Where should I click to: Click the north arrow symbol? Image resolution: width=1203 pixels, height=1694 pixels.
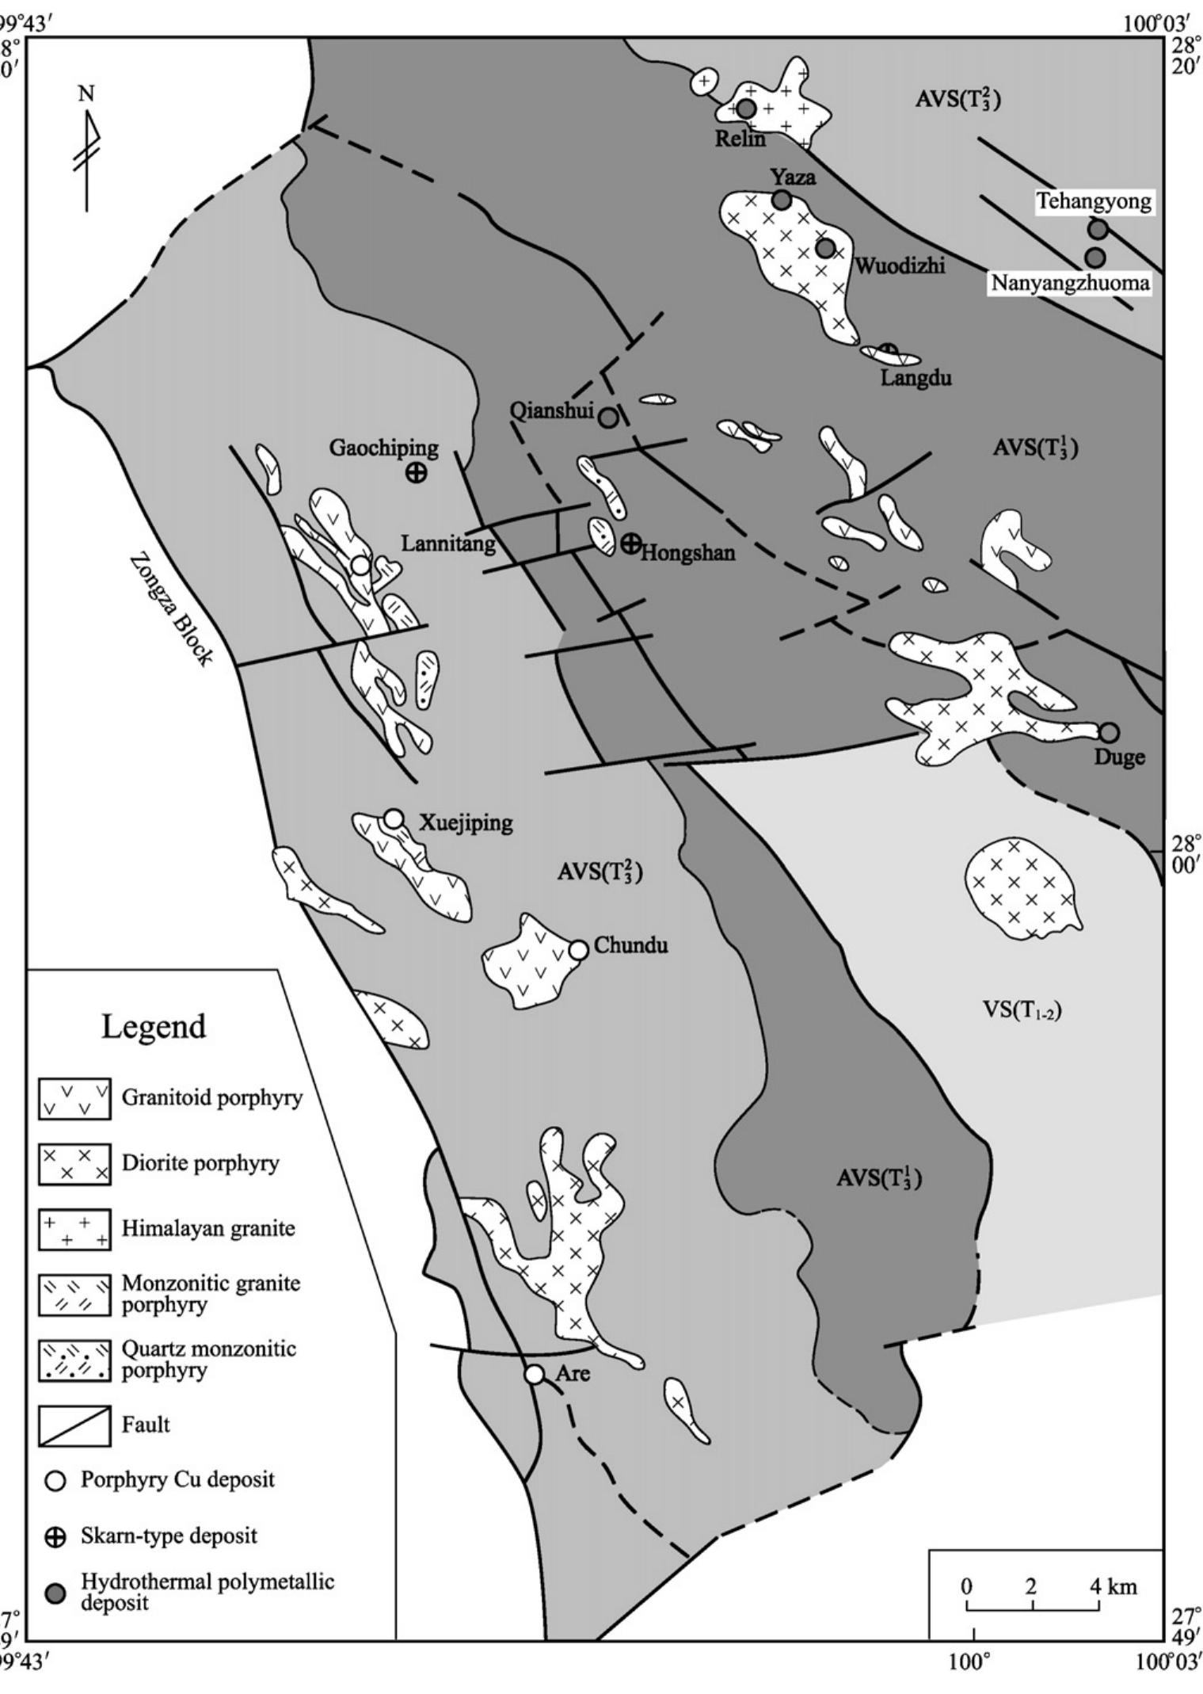coord(88,151)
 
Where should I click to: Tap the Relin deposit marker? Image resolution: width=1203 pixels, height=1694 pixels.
coord(746,109)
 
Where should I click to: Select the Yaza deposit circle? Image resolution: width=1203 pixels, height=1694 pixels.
coord(782,200)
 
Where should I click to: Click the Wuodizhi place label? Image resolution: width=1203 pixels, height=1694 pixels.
coord(900,265)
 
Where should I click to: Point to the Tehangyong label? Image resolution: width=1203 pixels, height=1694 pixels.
coord(1094,201)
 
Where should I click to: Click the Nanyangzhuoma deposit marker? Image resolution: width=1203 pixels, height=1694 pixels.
coord(1095,258)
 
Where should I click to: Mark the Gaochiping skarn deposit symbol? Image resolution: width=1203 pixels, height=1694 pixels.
coord(415,473)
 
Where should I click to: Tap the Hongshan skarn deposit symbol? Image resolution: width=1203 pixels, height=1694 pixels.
coord(630,544)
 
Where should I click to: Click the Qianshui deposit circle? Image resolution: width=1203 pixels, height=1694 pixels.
coord(607,418)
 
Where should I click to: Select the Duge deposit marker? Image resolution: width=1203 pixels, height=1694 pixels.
coord(1109,732)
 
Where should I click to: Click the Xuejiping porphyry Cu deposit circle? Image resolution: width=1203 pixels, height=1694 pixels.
coord(394,818)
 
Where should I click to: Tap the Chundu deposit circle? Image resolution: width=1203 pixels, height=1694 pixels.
coord(578,949)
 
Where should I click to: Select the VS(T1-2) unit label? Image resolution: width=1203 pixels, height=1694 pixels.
coord(1022,1009)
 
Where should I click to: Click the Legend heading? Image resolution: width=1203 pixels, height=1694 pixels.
coord(154,1026)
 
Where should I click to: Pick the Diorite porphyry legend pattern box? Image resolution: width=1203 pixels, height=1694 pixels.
coord(74,1164)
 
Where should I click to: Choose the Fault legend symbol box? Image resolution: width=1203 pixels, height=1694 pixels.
coord(74,1425)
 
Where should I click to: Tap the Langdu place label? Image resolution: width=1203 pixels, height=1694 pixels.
coord(916,378)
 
